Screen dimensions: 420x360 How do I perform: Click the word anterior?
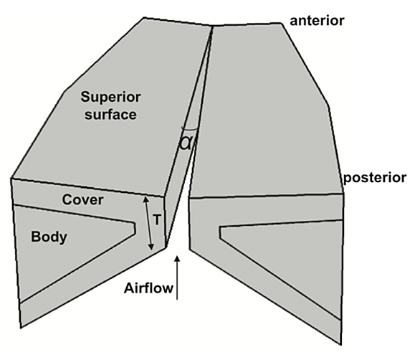pyautogui.click(x=317, y=21)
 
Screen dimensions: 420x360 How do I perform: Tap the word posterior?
pyautogui.click(x=375, y=179)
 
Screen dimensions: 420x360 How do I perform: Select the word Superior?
pyautogui.click(x=110, y=97)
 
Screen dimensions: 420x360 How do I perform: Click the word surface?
pyautogui.click(x=110, y=115)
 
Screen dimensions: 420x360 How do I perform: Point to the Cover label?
pyautogui.click(x=82, y=199)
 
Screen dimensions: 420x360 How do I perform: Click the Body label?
pyautogui.click(x=49, y=237)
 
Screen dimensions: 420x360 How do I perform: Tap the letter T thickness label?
pyautogui.click(x=157, y=220)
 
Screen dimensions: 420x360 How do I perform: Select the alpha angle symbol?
pyautogui.click(x=186, y=143)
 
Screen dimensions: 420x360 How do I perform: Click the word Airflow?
pyautogui.click(x=148, y=288)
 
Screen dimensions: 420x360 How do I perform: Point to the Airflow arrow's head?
pyautogui.click(x=177, y=258)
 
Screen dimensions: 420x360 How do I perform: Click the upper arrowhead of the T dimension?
pyautogui.click(x=145, y=199)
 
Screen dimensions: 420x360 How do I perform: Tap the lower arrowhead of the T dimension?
pyautogui.click(x=152, y=247)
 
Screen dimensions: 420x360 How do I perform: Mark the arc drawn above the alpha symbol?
pyautogui.click(x=189, y=130)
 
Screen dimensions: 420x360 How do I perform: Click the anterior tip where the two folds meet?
pyautogui.click(x=212, y=26)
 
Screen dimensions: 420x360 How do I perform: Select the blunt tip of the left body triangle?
pyautogui.click(x=135, y=228)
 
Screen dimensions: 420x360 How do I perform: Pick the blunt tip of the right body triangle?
pyautogui.click(x=221, y=232)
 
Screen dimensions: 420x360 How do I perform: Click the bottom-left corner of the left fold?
pyautogui.click(x=21, y=327)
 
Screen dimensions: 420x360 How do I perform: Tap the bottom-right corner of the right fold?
pyautogui.click(x=341, y=344)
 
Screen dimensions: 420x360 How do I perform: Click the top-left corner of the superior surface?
pyautogui.click(x=144, y=18)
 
